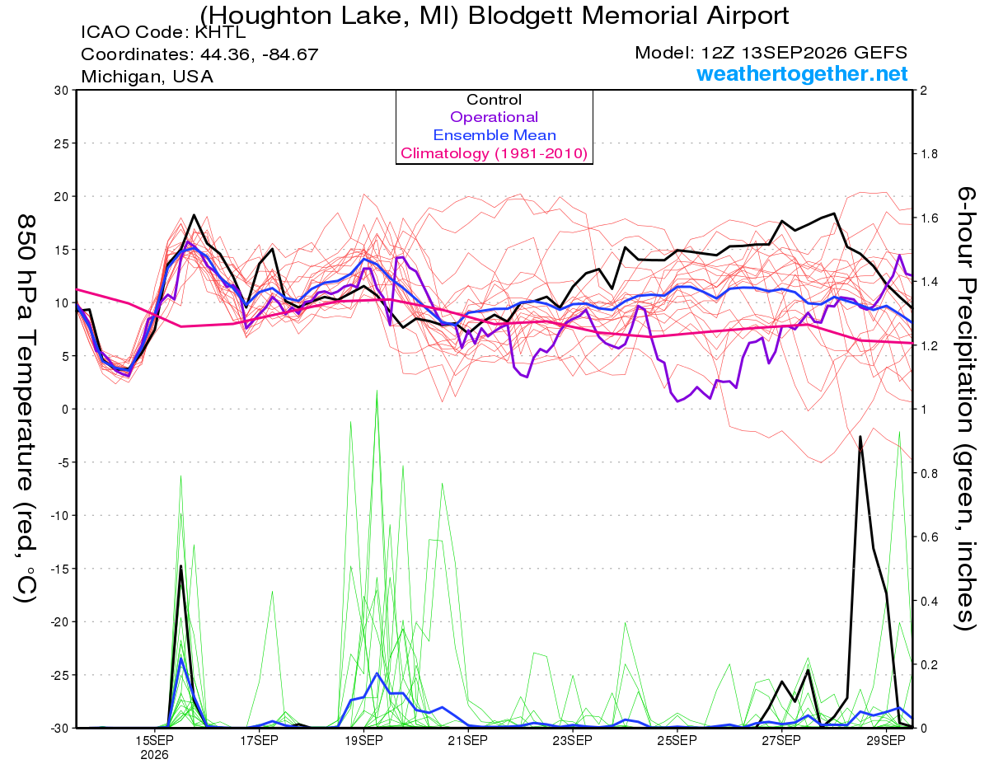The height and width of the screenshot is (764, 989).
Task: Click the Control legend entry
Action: pyautogui.click(x=494, y=100)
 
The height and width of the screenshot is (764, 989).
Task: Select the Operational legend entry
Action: pyautogui.click(x=494, y=117)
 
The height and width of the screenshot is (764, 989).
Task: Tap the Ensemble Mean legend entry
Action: pyautogui.click(x=494, y=135)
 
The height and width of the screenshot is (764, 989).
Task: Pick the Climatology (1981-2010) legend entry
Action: pyautogui.click(x=494, y=153)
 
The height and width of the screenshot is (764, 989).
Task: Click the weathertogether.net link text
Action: pyautogui.click(x=802, y=73)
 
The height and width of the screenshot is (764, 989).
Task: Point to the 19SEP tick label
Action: pyautogui.click(x=363, y=741)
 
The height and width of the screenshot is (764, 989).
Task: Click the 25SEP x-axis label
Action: pyautogui.click(x=677, y=741)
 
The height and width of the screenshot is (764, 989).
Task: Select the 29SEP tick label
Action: pyautogui.click(x=886, y=741)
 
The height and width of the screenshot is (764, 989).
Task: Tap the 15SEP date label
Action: pyautogui.click(x=154, y=741)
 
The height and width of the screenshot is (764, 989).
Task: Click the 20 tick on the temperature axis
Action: pyautogui.click(x=62, y=197)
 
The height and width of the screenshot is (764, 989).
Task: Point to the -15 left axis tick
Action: pyautogui.click(x=59, y=569)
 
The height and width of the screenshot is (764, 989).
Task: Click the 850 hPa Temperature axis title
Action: pyautogui.click(x=26, y=409)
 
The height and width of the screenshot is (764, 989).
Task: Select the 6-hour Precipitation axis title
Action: pyautogui.click(x=965, y=408)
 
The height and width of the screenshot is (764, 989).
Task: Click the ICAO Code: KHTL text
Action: pyautogui.click(x=163, y=32)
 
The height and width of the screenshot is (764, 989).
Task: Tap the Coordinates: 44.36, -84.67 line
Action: pyautogui.click(x=199, y=54)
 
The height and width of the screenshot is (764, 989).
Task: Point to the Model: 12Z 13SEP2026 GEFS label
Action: pyautogui.click(x=771, y=53)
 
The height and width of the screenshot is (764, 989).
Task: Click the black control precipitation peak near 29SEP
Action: pyautogui.click(x=860, y=436)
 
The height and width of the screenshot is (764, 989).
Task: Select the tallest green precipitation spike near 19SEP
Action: pyautogui.click(x=377, y=391)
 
